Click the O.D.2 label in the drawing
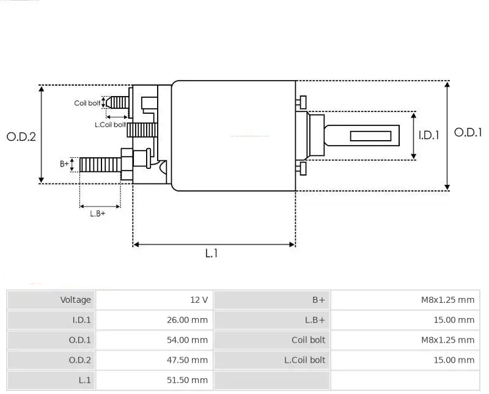pyautogui.click(x=21, y=137)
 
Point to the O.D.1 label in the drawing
pyautogui.click(x=468, y=132)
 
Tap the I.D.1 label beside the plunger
pyautogui.click(x=429, y=135)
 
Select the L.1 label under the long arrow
pyautogui.click(x=211, y=253)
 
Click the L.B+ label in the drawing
pyautogui.click(x=98, y=214)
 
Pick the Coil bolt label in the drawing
pyautogui.click(x=87, y=103)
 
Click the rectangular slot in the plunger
pyautogui.click(x=370, y=136)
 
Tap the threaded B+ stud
pyautogui.click(x=100, y=165)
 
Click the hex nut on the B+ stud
pyautogui.click(x=127, y=164)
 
